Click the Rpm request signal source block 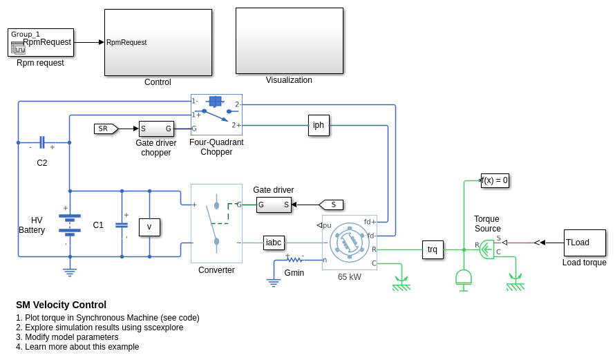click(40, 42)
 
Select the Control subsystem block click(158, 42)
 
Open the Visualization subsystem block click(289, 41)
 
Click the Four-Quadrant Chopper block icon click(216, 115)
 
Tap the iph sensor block click(319, 125)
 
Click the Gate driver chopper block click(156, 129)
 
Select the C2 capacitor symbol click(42, 142)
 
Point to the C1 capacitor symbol click(122, 225)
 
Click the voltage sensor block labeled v click(149, 227)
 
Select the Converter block click(216, 223)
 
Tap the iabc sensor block click(274, 243)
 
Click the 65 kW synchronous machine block click(350, 243)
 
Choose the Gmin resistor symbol click(295, 260)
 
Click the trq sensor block click(433, 249)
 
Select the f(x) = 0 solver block click(495, 180)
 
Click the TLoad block click(585, 243)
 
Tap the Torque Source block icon click(487, 249)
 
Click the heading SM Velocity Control click(61, 305)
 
